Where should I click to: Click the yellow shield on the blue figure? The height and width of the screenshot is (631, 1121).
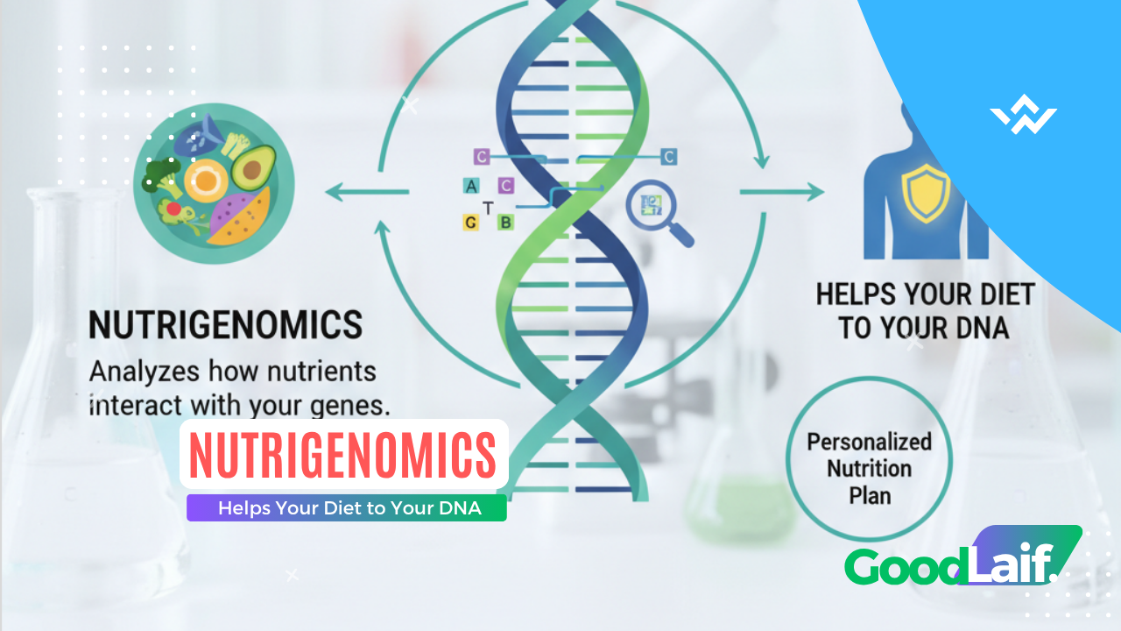point(925,194)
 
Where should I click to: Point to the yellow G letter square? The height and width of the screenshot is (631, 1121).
point(471,223)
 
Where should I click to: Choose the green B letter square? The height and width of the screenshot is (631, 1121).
point(505,223)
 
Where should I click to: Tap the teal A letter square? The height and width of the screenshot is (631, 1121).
point(471,186)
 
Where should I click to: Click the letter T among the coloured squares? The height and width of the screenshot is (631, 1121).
point(488,207)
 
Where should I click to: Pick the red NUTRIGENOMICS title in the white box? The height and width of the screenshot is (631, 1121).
point(343,455)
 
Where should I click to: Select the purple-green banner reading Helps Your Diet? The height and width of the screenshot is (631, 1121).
point(347,508)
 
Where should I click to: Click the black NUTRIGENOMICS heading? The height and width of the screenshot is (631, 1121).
point(225,325)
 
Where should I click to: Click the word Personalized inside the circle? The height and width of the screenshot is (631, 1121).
point(869,441)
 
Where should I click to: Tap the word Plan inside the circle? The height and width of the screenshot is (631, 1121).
point(870,495)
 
